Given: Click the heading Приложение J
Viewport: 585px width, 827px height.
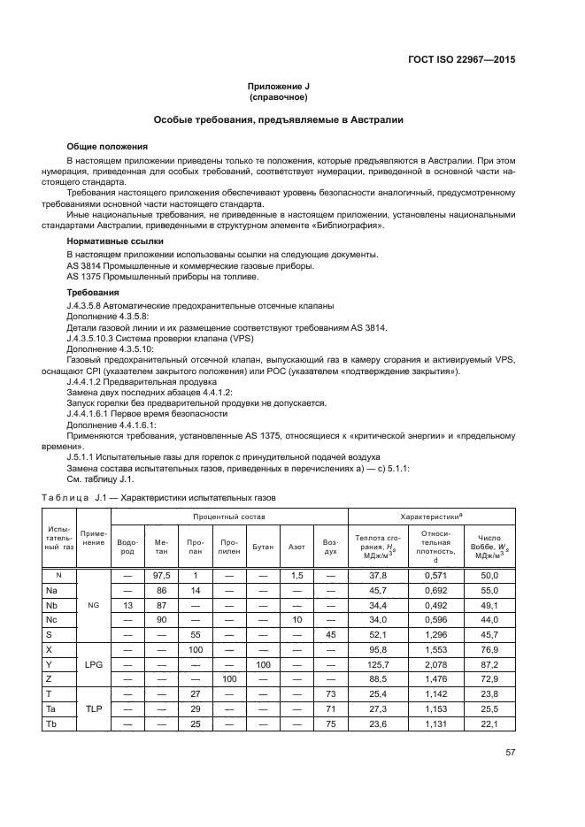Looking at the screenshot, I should (x=291, y=87).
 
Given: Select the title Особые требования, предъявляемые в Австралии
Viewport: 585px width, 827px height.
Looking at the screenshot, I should (x=291, y=119).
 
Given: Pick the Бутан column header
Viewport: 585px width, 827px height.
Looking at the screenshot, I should (x=262, y=547).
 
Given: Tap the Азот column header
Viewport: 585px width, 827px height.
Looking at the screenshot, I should (x=296, y=547).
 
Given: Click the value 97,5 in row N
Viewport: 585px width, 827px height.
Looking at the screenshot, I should (x=161, y=575).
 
